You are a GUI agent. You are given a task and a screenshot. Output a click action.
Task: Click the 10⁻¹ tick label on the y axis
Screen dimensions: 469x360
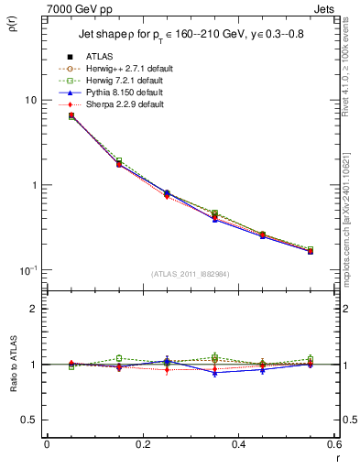coord(29,269)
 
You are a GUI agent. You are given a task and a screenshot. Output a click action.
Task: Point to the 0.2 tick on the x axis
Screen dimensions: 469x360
coord(142,444)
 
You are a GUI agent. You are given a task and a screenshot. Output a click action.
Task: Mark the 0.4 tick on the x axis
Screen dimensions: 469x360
coord(238,444)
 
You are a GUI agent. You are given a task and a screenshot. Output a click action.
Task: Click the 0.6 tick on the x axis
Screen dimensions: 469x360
coord(333,444)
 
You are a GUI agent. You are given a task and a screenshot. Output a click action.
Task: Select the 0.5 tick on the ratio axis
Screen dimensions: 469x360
coord(30,420)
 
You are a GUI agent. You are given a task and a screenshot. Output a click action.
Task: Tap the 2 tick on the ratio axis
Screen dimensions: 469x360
coord(35,309)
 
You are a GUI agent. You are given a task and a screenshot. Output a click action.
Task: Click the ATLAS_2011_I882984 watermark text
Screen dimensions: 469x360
coord(191,274)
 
